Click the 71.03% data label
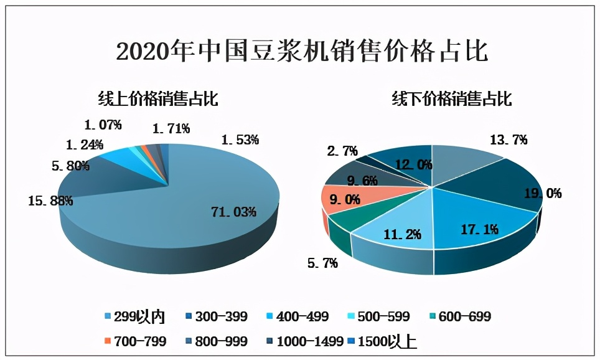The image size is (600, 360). (x=233, y=212)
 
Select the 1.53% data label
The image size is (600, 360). (x=240, y=140)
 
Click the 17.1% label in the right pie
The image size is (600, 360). (x=478, y=229)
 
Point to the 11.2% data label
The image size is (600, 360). (x=401, y=234)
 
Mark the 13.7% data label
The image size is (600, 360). (x=509, y=140)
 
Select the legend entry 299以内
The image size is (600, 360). (x=138, y=317)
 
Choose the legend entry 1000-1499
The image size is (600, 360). (x=305, y=341)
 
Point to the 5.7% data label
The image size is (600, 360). (x=322, y=263)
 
